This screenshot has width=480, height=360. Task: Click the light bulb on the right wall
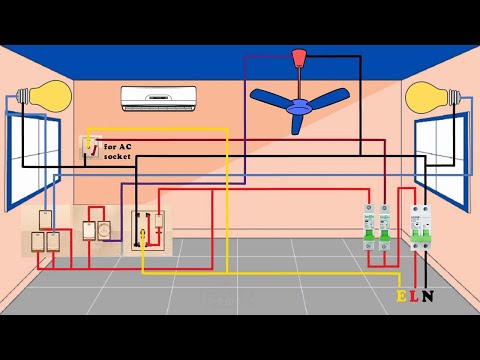point(431,100)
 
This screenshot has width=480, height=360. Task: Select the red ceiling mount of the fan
point(298,57)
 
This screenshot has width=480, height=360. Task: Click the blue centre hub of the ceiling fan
point(297,97)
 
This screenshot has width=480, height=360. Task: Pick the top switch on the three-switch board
point(45,220)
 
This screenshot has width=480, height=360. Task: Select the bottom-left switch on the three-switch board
point(38,241)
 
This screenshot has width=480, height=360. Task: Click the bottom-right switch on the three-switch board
point(53,241)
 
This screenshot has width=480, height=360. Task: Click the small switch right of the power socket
point(159,223)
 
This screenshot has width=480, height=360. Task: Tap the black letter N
point(428,296)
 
